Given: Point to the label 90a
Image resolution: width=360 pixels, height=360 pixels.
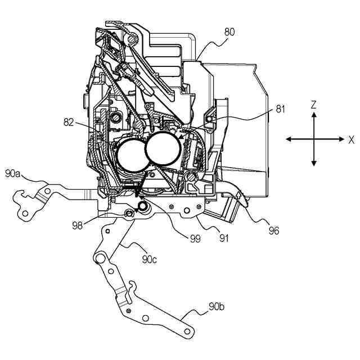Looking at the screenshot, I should pyautogui.click(x=14, y=174).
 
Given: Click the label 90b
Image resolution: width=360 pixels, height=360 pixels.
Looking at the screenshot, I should pyautogui.click(x=217, y=307).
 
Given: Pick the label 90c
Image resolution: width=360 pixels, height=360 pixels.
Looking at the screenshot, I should pyautogui.click(x=150, y=259).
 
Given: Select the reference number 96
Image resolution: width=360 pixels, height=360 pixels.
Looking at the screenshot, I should pyautogui.click(x=274, y=229).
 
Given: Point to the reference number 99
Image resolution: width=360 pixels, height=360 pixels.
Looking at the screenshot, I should pyautogui.click(x=195, y=239).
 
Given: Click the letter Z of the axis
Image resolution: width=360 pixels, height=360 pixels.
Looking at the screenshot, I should pyautogui.click(x=314, y=103).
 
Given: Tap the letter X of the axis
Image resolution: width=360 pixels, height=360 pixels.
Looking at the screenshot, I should pyautogui.click(x=351, y=139).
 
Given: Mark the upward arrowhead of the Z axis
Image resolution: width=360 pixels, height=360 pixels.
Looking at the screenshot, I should pyautogui.click(x=314, y=115).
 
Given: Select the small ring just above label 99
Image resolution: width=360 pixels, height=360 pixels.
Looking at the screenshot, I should pyautogui.click(x=143, y=208).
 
